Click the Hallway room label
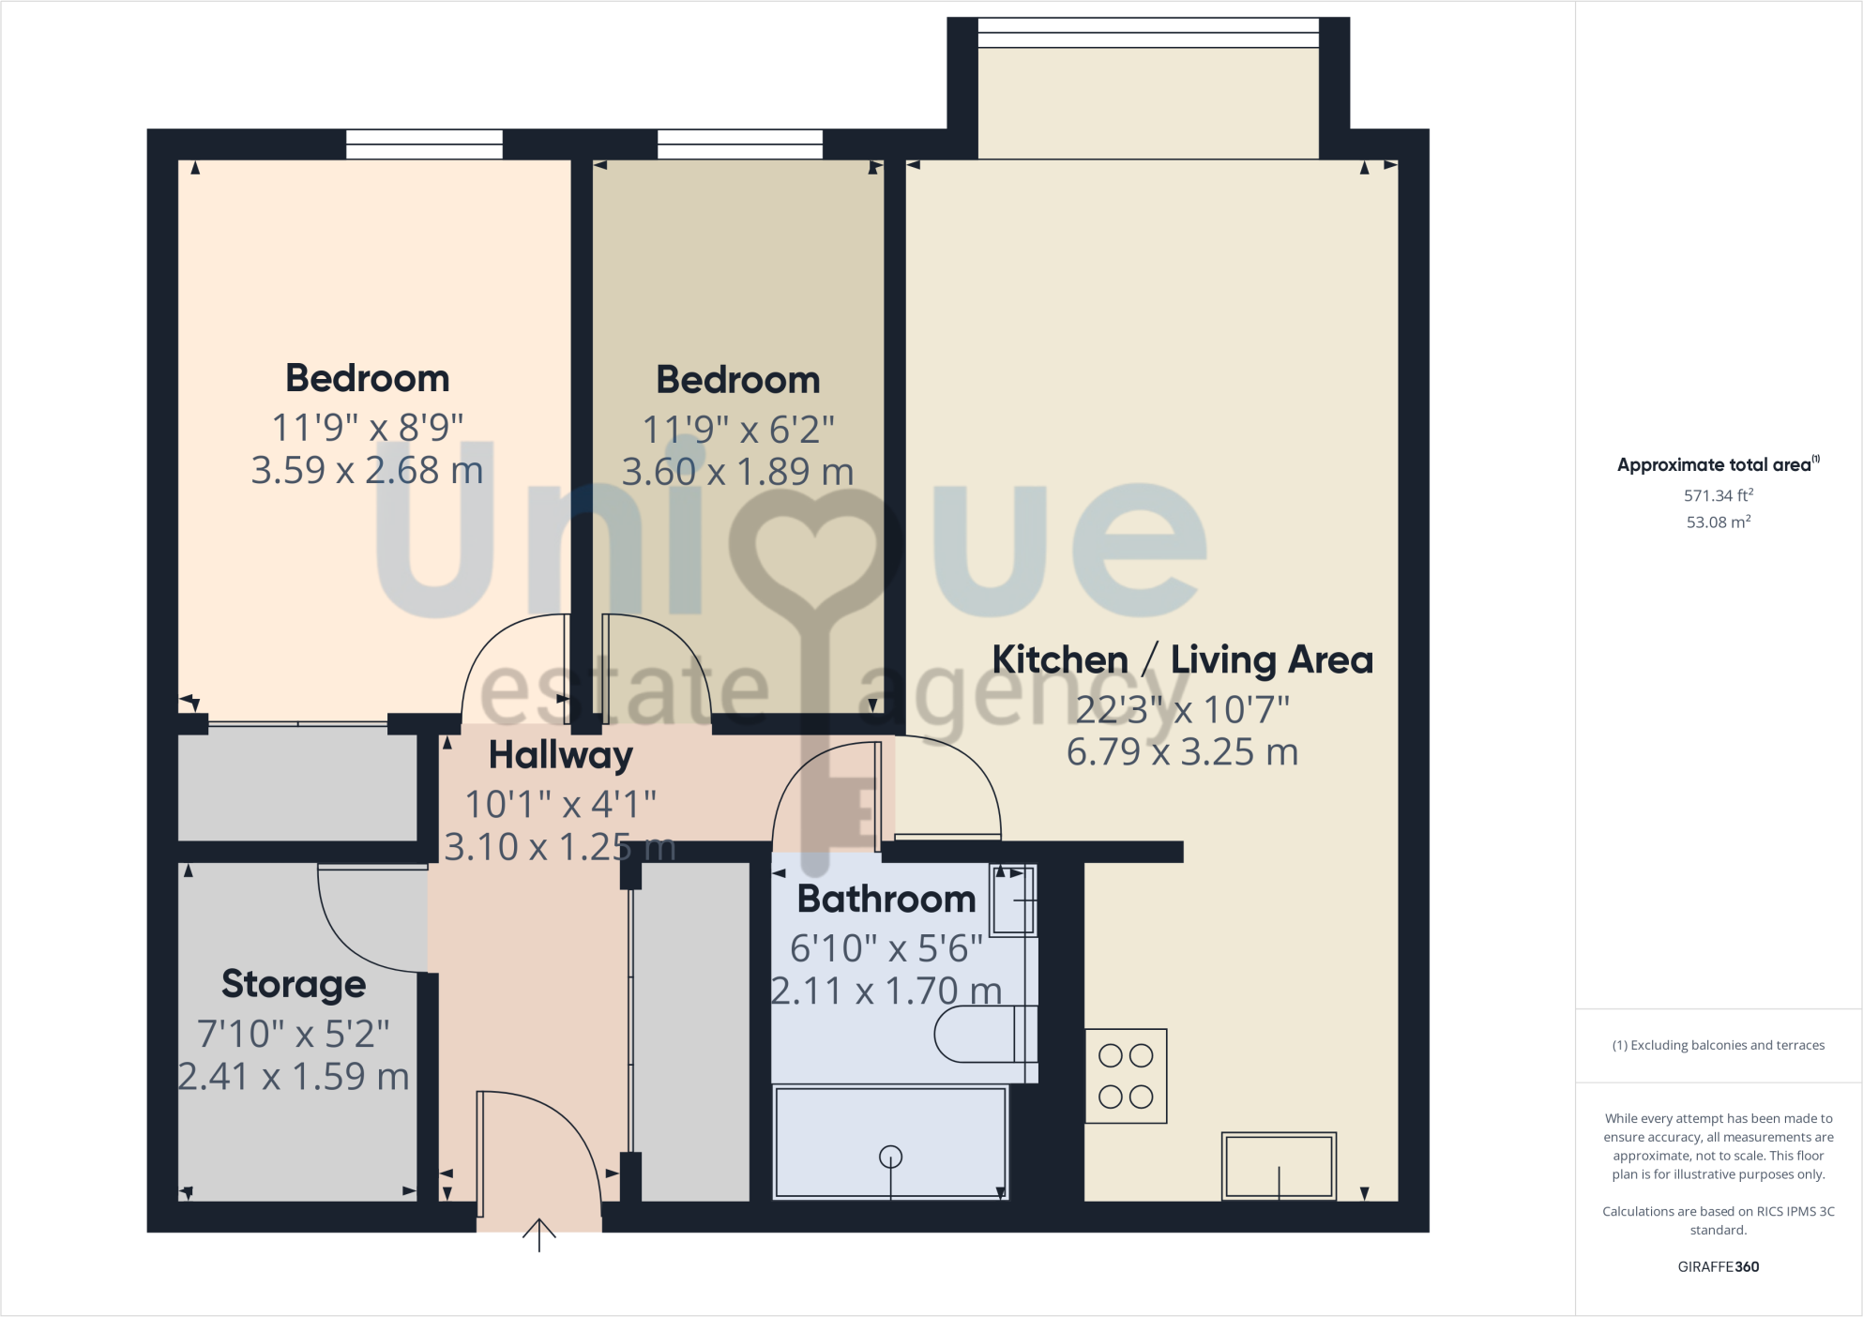click(x=560, y=755)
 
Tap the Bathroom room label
click(x=886, y=899)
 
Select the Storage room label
click(x=294, y=984)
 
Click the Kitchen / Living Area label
click(x=1182, y=659)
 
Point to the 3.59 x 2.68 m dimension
click(x=367, y=470)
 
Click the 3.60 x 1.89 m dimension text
click(x=737, y=472)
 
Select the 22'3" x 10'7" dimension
click(x=1182, y=710)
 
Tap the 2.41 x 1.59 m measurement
click(x=294, y=1077)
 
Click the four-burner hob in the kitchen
click(x=1126, y=1076)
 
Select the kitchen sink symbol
click(x=1279, y=1166)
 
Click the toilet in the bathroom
click(x=980, y=1034)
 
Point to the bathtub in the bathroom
click(x=889, y=1143)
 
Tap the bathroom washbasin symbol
click(x=1014, y=901)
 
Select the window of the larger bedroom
click(x=424, y=144)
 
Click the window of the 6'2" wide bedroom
click(x=739, y=144)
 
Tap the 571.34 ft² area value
click(x=1718, y=495)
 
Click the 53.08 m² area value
click(x=1718, y=522)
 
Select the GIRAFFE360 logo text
click(x=1718, y=1266)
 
